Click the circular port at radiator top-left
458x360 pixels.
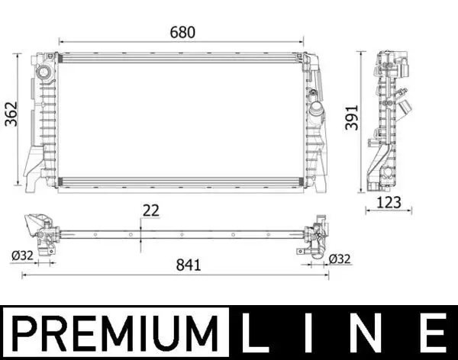[x=43, y=72]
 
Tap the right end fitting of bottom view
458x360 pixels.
[x=318, y=234]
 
